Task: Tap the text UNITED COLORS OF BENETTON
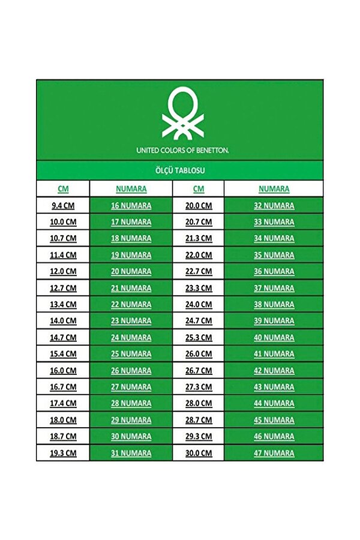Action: (x=182, y=150)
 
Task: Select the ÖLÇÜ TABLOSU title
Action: (x=180, y=171)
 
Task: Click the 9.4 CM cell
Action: (x=63, y=205)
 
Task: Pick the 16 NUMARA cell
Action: (x=131, y=205)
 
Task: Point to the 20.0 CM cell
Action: (x=199, y=205)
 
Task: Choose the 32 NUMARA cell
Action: (x=274, y=205)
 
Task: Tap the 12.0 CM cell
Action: (x=63, y=271)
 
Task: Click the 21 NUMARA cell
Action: (x=131, y=288)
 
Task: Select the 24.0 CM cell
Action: (x=199, y=304)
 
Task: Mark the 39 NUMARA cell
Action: (x=274, y=321)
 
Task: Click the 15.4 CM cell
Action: (x=63, y=354)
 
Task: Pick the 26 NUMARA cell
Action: (x=131, y=370)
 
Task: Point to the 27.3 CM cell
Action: (x=199, y=387)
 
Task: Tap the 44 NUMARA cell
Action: (x=274, y=403)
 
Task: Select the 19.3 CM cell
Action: (x=63, y=453)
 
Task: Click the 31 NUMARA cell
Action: (x=131, y=453)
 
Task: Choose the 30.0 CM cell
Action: (x=199, y=453)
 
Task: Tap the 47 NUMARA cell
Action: (x=274, y=453)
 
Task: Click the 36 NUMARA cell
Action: (x=274, y=271)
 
